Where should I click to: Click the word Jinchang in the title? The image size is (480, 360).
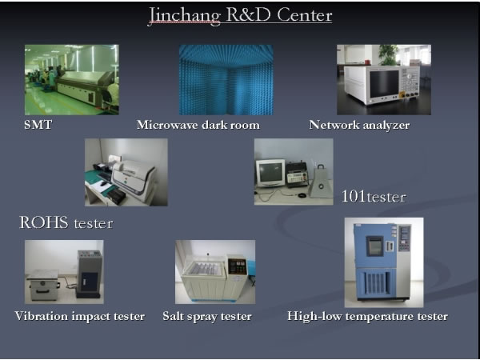185,16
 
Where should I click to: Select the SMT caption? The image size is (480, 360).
38,125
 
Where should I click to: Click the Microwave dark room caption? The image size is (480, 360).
198,125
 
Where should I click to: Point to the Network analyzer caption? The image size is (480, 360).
359,126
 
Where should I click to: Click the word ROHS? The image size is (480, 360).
44,222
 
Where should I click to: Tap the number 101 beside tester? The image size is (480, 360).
354,196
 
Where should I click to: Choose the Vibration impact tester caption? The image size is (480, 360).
79,316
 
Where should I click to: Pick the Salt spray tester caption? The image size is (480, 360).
207,316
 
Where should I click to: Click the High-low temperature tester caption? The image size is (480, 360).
367,316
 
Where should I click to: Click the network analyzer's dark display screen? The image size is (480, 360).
384,83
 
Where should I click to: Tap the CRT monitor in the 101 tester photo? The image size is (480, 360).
270,173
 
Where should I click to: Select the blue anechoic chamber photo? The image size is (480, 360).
226,80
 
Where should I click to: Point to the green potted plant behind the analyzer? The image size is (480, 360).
388,55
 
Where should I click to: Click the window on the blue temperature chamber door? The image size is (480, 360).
374,246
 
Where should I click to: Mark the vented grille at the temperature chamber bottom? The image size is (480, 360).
376,283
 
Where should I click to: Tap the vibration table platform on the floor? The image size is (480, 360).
43,285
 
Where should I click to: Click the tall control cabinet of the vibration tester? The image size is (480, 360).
89,274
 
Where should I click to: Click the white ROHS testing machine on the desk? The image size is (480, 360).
134,180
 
